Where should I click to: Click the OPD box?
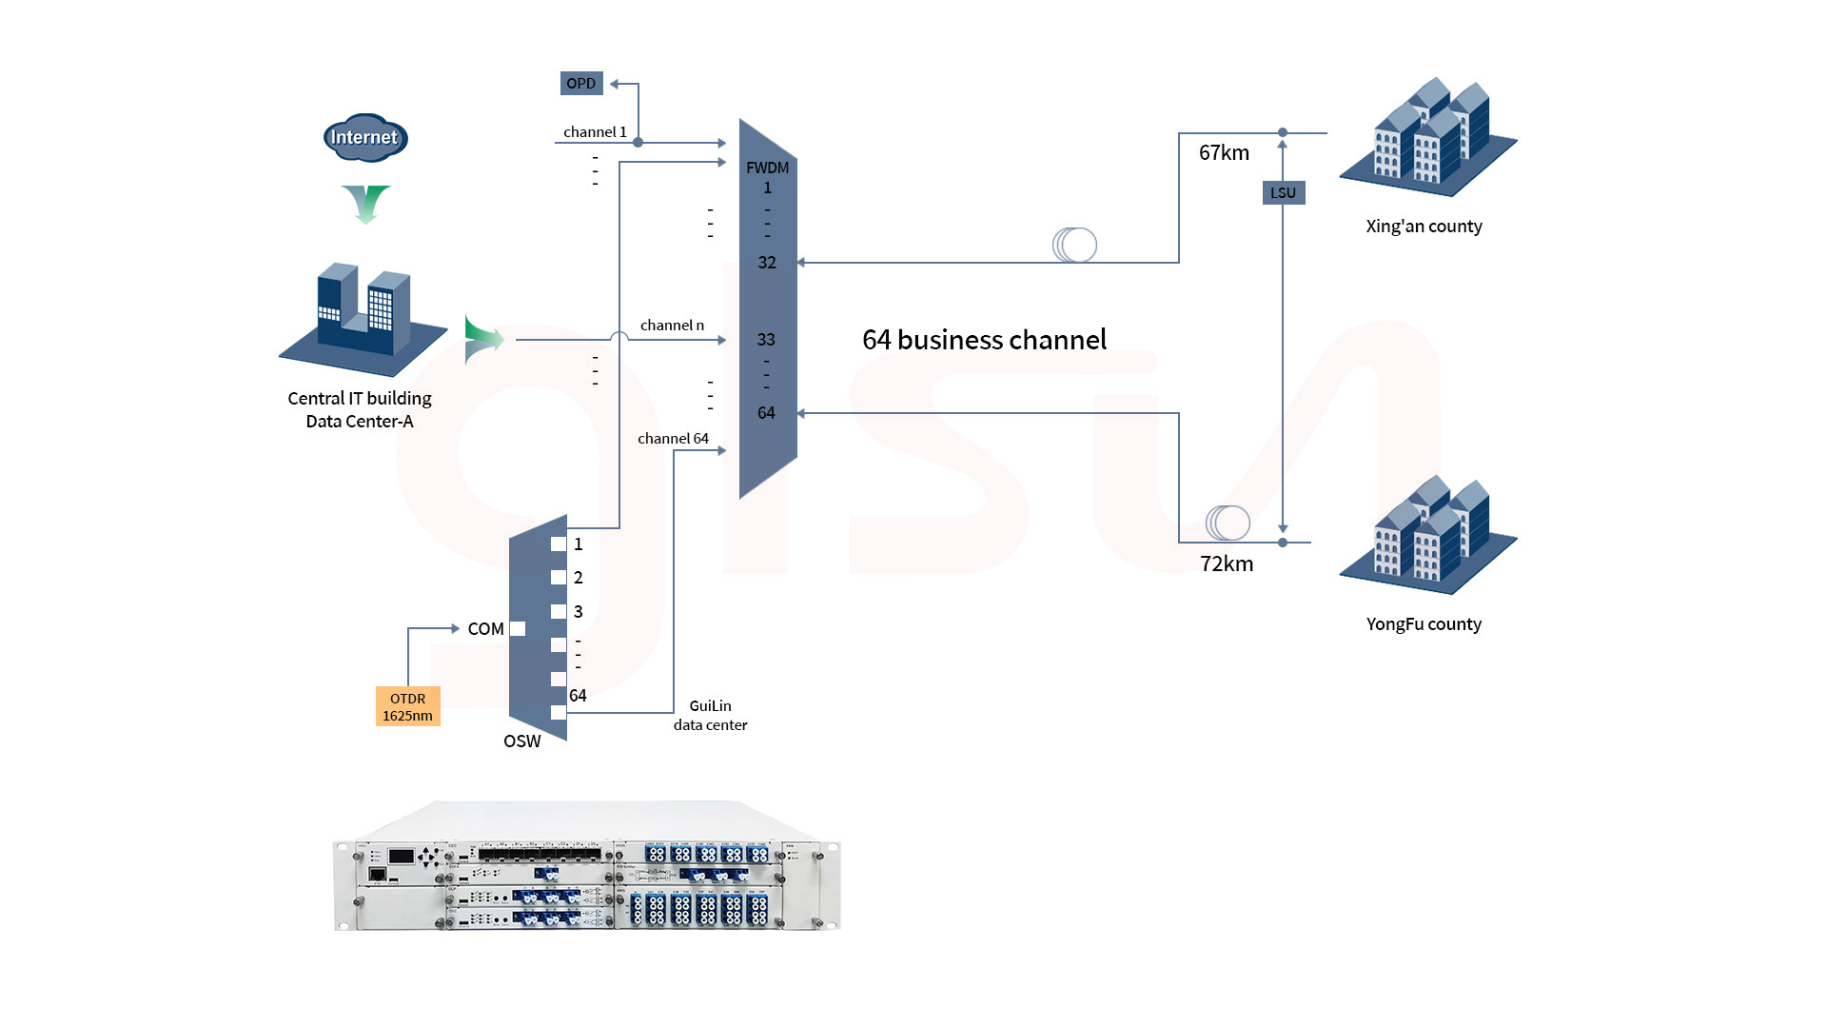(581, 84)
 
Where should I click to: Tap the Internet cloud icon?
(366, 137)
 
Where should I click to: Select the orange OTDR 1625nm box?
(408, 706)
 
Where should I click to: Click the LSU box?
(1283, 192)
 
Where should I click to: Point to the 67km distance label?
(1224, 153)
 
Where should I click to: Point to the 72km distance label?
(1227, 563)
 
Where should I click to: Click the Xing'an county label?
(1424, 227)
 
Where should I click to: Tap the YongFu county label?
(1424, 624)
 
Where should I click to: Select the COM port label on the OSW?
(485, 629)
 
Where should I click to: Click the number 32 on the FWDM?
(767, 263)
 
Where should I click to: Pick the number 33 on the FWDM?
(766, 340)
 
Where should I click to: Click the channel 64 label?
(673, 439)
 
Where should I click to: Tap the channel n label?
(672, 326)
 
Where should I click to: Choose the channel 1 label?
(595, 132)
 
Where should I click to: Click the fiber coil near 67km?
(1074, 245)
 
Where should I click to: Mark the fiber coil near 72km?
(1228, 523)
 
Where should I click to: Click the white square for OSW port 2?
(559, 578)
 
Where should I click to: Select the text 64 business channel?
(984, 340)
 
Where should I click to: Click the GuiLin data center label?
(710, 715)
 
